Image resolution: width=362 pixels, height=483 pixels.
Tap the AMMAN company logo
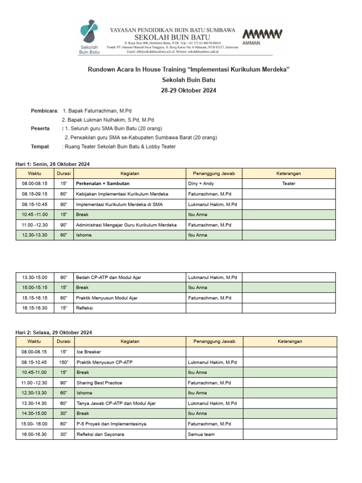tap(262, 36)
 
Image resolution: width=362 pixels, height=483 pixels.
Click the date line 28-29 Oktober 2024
tap(189, 91)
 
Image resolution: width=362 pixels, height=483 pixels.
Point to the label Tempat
tap(40, 147)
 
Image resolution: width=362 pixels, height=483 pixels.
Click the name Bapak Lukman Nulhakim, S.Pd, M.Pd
tap(108, 120)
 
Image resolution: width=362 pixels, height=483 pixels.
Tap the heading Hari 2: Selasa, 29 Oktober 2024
tap(54, 333)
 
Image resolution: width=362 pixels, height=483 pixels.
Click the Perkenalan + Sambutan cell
tap(103, 183)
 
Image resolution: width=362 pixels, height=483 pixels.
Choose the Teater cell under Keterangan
tap(289, 183)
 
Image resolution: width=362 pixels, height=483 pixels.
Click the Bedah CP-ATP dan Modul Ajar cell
tap(108, 277)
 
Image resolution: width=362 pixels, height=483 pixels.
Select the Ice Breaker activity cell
tap(89, 352)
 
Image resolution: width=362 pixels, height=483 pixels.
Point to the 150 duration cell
tap(63, 362)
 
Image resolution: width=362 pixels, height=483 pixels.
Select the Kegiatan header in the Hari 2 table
tap(130, 341)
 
